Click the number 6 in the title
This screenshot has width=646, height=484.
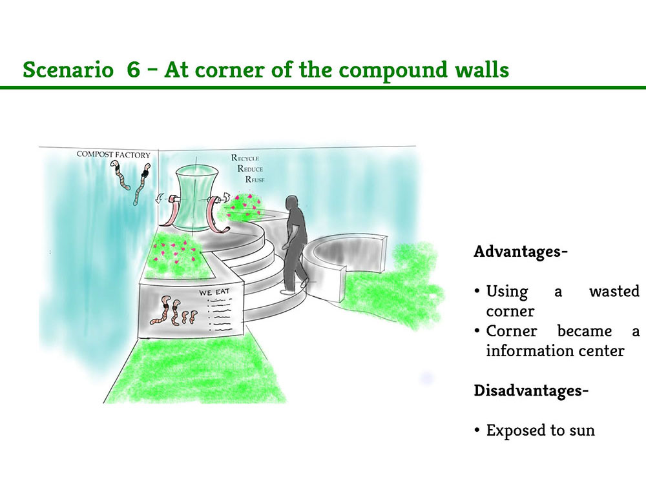134,69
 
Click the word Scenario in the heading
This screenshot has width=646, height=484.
68,69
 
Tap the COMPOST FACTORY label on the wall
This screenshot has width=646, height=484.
113,155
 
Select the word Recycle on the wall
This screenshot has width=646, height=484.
245,158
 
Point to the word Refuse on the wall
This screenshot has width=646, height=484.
255,179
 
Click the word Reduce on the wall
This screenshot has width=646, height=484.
250,168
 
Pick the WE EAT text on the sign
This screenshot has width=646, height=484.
214,292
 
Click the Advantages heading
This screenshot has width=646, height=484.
521,251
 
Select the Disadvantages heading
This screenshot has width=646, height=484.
531,390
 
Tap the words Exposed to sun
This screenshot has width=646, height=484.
541,430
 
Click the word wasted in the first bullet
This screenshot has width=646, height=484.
614,292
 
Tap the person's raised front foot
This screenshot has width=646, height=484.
305,283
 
